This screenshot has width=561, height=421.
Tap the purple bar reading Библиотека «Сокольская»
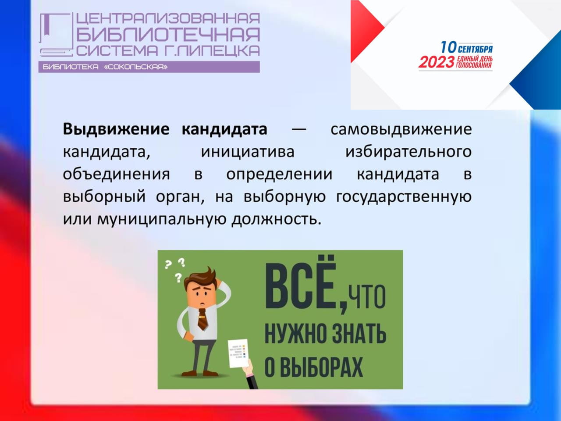(x=149, y=67)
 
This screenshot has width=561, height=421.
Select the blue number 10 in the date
(x=448, y=47)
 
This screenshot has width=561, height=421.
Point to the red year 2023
(x=437, y=62)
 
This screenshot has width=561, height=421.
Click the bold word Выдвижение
(x=116, y=129)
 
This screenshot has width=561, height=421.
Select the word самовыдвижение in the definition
(x=401, y=129)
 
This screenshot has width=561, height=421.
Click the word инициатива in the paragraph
(x=247, y=152)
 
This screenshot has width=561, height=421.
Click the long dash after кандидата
(x=299, y=129)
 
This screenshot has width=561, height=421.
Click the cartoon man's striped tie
(x=202, y=320)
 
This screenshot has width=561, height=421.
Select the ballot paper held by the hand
(x=238, y=353)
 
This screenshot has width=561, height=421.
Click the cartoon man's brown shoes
(x=200, y=374)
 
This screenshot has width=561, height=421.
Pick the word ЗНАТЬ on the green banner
(x=356, y=334)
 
